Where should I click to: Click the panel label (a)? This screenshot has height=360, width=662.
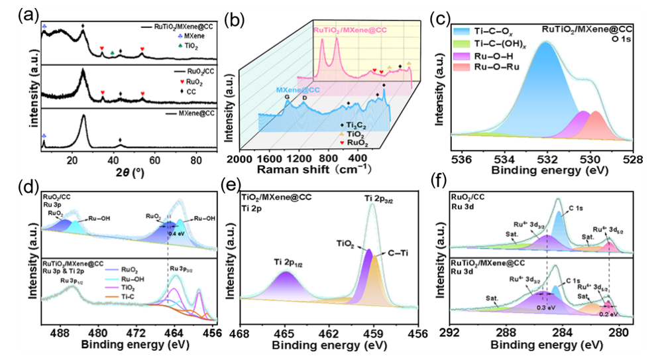click(x=14, y=12)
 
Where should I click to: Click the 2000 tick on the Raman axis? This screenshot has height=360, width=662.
click(x=248, y=159)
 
